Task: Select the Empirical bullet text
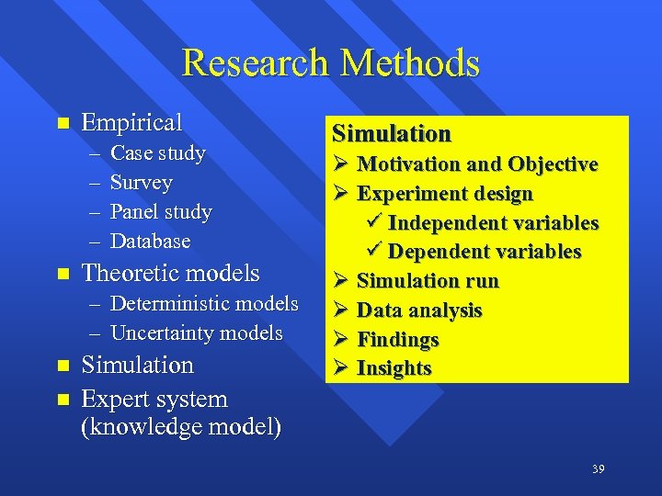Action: tap(132, 122)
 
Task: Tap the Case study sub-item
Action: tap(157, 153)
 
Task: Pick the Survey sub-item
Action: tap(141, 183)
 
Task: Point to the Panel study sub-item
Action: tap(161, 212)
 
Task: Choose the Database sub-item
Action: tap(150, 242)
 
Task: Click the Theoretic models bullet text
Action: tap(171, 273)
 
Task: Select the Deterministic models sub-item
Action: tap(204, 304)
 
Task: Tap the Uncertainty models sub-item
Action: tap(196, 333)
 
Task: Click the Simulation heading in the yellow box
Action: tap(392, 134)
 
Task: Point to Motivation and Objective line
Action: tap(477, 164)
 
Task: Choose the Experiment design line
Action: tap(444, 194)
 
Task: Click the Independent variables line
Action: tap(493, 223)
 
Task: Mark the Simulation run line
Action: tap(427, 281)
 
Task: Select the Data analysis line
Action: tap(418, 310)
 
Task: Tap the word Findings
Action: tap(397, 340)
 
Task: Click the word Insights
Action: tap(394, 368)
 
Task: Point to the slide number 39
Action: tap(598, 469)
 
